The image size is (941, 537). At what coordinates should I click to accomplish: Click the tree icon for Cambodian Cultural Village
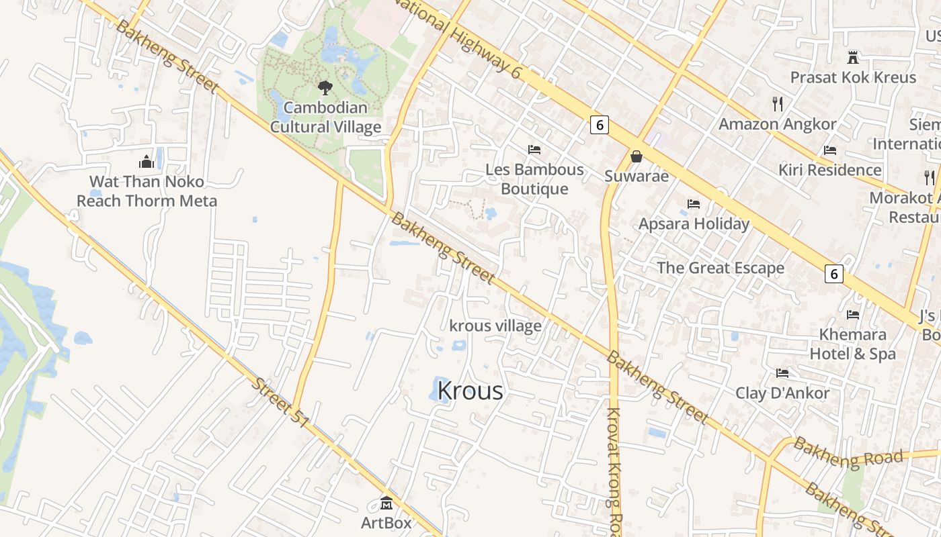click(325, 87)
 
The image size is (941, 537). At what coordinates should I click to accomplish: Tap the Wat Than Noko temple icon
click(147, 162)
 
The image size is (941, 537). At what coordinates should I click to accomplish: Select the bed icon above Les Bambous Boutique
click(534, 149)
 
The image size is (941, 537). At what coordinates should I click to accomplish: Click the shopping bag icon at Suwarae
click(636, 156)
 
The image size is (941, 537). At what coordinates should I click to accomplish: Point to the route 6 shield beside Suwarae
click(600, 124)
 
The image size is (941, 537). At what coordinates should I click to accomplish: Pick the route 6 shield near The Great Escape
click(834, 273)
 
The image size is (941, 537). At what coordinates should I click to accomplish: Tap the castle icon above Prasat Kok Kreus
click(853, 57)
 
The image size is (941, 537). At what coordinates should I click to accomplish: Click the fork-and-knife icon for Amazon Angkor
click(778, 103)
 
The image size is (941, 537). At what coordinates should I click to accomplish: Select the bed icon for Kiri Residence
click(830, 150)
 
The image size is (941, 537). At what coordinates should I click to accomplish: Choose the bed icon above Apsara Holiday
click(694, 203)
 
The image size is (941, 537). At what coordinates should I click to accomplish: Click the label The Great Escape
click(720, 268)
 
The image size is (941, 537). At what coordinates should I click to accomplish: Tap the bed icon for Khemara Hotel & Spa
click(853, 314)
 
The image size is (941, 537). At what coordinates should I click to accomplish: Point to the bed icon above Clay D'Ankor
click(782, 373)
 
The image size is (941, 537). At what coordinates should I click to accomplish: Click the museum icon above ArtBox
click(386, 502)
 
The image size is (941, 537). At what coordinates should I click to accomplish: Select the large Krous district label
click(470, 391)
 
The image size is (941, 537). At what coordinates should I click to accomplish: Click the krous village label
click(495, 326)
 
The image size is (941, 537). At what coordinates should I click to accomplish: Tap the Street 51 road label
click(281, 403)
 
